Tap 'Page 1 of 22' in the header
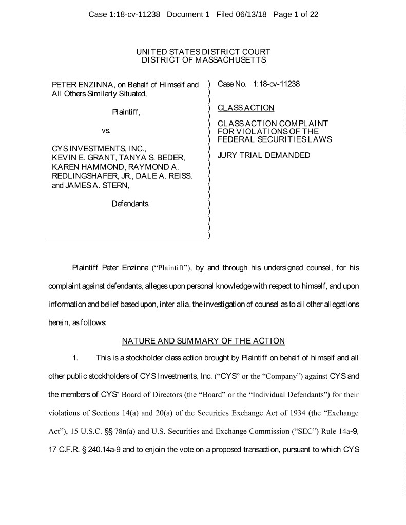pyautogui.click(x=296, y=15)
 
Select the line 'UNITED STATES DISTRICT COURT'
pyautogui.click(x=203, y=52)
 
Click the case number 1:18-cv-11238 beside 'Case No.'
pyautogui.click(x=276, y=84)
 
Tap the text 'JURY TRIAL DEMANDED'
pyautogui.click(x=264, y=155)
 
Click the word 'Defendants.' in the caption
pyautogui.click(x=131, y=204)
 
